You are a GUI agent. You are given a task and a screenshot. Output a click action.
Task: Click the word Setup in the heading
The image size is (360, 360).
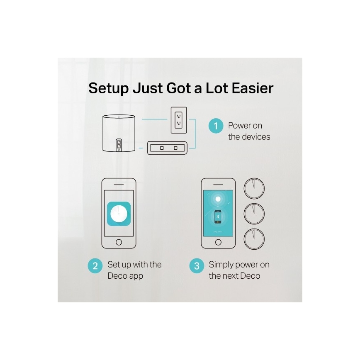pos(109,88)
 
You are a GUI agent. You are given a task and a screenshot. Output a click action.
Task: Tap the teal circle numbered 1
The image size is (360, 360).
pos(216,126)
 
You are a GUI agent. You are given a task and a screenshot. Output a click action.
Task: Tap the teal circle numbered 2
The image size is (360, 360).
pos(95,265)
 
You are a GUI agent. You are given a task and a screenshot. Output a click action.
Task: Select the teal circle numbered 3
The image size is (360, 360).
pos(197,265)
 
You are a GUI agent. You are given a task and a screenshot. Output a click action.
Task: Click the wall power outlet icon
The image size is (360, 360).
pos(179,120)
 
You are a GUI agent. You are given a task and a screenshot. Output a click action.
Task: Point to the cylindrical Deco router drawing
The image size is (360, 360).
pos(119,133)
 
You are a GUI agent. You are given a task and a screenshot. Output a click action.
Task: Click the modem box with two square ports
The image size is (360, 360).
pos(168,147)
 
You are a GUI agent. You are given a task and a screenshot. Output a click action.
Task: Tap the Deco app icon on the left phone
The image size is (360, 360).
pos(119,214)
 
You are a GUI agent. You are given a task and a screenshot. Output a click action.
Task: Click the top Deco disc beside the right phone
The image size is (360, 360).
pos(254,189)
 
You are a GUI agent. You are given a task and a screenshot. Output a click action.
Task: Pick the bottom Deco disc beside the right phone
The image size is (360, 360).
pos(254,238)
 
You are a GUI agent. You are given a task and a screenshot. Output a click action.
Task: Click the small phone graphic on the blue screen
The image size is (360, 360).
pos(218,216)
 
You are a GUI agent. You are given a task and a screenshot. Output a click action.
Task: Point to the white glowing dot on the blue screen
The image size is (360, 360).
pos(218,199)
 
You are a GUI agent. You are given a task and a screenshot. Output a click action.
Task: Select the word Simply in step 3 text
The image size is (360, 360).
pos(221,265)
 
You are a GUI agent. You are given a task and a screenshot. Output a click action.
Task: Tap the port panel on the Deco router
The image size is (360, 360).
pos(119,145)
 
